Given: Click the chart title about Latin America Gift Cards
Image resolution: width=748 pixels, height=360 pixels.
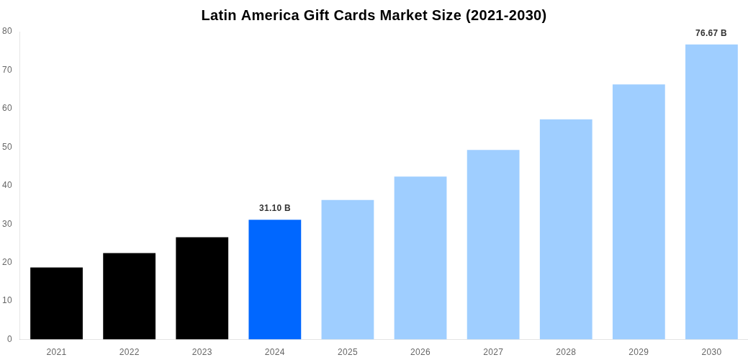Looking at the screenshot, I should [x=374, y=15].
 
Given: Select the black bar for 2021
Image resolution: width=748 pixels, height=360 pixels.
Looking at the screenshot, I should [x=56, y=303].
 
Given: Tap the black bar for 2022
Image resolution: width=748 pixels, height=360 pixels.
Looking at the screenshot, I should [x=129, y=296].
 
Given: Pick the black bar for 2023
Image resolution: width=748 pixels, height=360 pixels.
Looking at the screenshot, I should [x=202, y=288].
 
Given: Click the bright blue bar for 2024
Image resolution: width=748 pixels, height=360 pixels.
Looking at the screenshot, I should [x=274, y=279].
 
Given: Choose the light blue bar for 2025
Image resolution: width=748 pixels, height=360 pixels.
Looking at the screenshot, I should [x=347, y=269].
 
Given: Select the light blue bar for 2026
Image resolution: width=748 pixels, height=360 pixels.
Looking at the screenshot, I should [x=420, y=258].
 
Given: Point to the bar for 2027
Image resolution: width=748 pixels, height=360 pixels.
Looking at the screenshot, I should [x=492, y=245].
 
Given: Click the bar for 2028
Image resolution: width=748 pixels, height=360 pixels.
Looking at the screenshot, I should [x=566, y=229].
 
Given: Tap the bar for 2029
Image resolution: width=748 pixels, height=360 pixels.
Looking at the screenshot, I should [x=639, y=212].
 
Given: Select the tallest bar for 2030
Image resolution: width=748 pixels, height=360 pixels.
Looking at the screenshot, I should [x=711, y=192].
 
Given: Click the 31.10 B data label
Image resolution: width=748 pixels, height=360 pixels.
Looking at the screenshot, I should [x=274, y=208].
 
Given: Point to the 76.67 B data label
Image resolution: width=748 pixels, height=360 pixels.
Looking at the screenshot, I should [x=711, y=33].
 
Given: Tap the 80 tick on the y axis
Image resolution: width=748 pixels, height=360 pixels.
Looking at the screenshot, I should [x=7, y=31].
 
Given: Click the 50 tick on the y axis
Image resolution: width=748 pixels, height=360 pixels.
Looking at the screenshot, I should [x=7, y=147].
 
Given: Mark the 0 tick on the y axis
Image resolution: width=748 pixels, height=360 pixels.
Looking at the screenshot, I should [x=9, y=339].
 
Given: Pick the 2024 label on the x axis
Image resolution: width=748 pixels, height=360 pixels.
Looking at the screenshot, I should [x=274, y=352].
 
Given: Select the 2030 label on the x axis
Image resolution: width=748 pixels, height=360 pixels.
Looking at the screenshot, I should [x=711, y=352].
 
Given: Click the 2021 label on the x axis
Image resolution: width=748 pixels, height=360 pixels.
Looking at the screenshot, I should [x=56, y=352].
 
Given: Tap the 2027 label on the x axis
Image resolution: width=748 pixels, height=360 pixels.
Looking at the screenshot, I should [x=492, y=352].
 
